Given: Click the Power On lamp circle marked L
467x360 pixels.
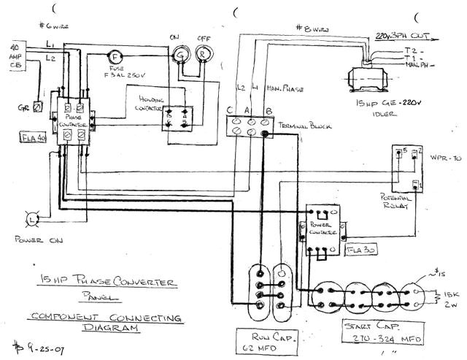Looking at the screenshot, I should (32, 218).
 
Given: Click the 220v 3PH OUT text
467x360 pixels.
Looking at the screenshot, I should (400, 34).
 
